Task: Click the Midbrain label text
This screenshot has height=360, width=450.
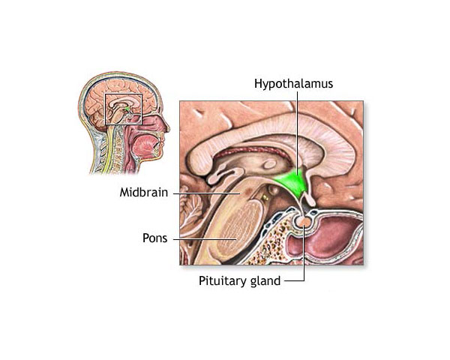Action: tap(145, 192)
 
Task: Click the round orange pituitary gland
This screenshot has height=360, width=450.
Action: tap(306, 223)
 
